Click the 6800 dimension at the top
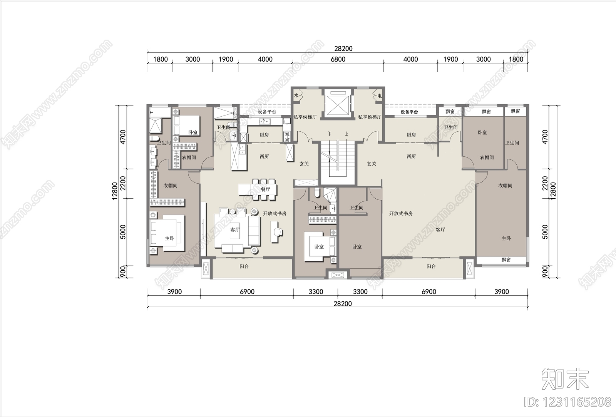338,59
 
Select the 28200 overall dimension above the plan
343,49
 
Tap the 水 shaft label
296,96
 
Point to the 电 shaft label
380,96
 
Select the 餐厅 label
265,189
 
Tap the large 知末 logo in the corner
565,380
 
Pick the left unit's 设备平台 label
267,112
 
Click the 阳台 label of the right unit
431,266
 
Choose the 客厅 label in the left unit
235,230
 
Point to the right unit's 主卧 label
506,238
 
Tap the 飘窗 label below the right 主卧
506,260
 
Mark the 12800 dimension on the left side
115,191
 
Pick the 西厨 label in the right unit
411,156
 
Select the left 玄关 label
304,164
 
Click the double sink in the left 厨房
265,121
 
